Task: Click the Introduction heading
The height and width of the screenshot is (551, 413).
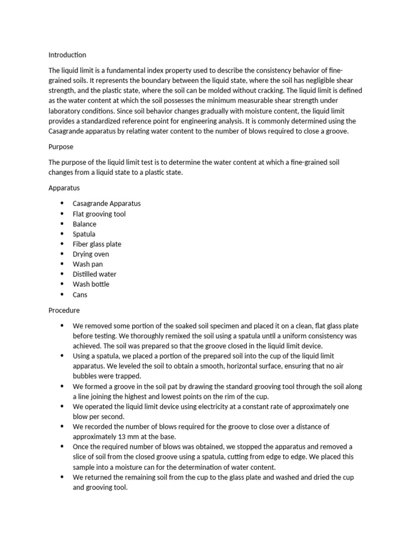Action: (67, 55)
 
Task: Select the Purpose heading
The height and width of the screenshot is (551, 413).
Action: (61, 146)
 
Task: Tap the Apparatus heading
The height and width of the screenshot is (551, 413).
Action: (64, 188)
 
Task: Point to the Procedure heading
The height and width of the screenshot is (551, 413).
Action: (64, 310)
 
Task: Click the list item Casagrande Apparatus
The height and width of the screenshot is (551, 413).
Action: (106, 204)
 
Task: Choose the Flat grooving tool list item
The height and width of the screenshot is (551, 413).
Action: (99, 214)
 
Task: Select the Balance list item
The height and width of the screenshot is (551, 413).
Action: (84, 224)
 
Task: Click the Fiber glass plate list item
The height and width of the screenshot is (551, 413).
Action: (97, 244)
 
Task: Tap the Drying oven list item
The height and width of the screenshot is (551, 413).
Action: (91, 254)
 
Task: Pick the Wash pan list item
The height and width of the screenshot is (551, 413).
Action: (88, 264)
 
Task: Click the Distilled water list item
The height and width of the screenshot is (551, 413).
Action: (95, 274)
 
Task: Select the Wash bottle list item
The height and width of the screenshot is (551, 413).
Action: (91, 284)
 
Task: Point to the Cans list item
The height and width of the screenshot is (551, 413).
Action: (80, 295)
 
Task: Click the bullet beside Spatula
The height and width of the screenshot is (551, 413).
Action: (62, 234)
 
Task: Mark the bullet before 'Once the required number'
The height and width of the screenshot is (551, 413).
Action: (62, 447)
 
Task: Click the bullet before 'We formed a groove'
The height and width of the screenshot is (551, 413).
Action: (62, 386)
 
